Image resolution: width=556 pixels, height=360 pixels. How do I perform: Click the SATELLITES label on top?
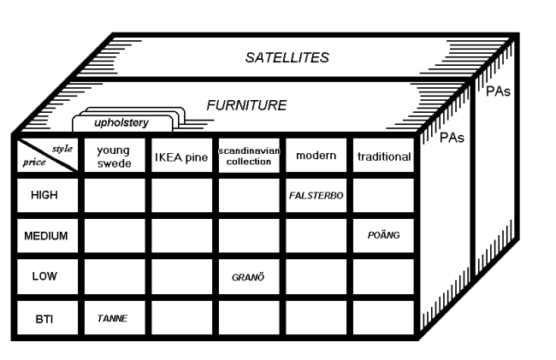tap(287, 58)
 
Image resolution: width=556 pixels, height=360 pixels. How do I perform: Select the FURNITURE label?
tap(246, 105)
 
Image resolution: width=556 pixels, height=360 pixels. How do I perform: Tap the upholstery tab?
tap(121, 123)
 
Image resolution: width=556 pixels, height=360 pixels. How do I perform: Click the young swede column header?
tap(114, 156)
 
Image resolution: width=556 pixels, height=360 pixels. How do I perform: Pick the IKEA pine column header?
tap(181, 157)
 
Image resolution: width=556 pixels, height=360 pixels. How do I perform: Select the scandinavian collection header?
tap(249, 156)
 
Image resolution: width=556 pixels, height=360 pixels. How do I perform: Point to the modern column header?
tap(316, 156)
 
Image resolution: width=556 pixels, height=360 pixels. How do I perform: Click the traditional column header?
tap(384, 156)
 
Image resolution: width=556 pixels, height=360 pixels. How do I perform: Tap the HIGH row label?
tap(44, 195)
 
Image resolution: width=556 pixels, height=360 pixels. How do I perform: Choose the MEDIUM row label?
tap(45, 236)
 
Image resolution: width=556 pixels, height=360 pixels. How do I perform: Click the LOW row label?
tap(44, 276)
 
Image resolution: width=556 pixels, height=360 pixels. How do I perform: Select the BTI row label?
tap(44, 319)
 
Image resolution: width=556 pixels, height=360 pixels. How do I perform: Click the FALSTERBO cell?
tap(316, 196)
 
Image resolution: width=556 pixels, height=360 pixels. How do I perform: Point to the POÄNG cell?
tap(384, 235)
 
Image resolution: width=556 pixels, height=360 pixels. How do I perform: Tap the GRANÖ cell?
tap(248, 277)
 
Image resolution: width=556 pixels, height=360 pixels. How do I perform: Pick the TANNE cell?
tap(112, 319)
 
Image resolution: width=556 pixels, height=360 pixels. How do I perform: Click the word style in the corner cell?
tap(62, 149)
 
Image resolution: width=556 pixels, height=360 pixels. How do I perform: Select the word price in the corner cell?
tap(34, 162)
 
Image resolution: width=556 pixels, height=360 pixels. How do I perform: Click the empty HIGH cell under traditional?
tap(384, 195)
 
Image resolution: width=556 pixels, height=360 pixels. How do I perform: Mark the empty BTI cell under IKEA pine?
tap(181, 317)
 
